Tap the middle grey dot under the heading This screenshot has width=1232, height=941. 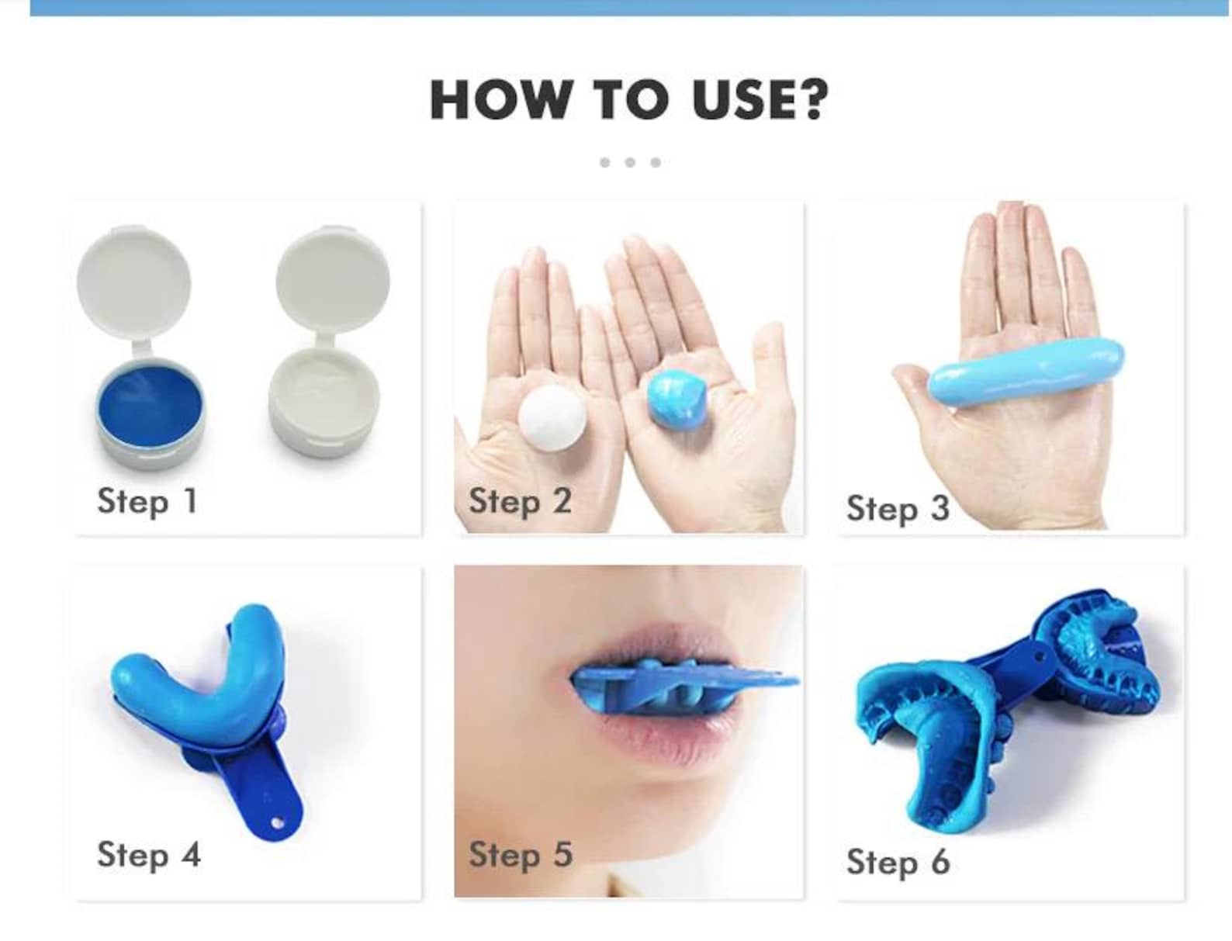click(630, 162)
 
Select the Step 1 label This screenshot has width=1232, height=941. click(147, 501)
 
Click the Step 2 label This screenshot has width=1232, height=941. click(520, 501)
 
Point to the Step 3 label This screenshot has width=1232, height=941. click(898, 509)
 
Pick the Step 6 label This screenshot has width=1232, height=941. click(898, 862)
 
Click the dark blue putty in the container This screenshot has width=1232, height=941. click(151, 406)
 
